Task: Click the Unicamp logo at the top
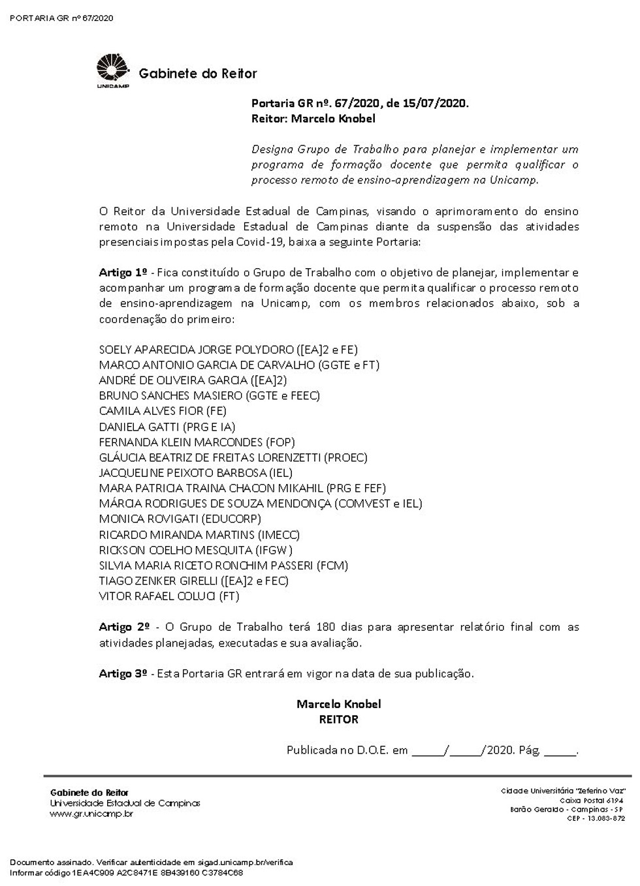(x=113, y=71)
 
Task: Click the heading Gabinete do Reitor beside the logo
(x=198, y=74)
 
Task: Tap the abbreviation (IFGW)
(x=275, y=550)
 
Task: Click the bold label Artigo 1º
(x=123, y=272)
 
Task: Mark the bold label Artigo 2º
(x=124, y=627)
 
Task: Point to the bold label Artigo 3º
(x=123, y=673)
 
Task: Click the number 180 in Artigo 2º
(x=325, y=627)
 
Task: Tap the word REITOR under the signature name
(x=338, y=720)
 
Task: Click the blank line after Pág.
(x=560, y=752)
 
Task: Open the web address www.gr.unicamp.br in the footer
(x=91, y=814)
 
